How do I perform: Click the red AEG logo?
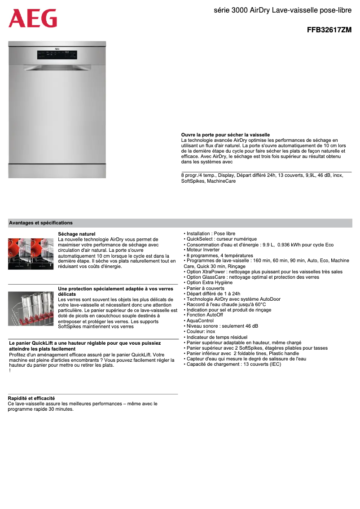pyautogui.click(x=33, y=18)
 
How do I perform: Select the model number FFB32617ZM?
pyautogui.click(x=329, y=31)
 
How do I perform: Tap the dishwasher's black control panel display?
pyautogui.click(x=57, y=55)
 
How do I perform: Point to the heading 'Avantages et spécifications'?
pyautogui.click(x=41, y=223)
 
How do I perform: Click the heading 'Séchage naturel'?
pyautogui.click(x=77, y=234)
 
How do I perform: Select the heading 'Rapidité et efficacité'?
pyautogui.click(x=31, y=398)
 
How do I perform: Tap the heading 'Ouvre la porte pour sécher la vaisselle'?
pyautogui.click(x=225, y=135)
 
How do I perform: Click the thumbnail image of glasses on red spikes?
pyautogui.click(x=31, y=308)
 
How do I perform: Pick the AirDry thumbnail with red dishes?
pyautogui.click(x=31, y=254)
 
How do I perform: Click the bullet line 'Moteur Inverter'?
pyautogui.click(x=203, y=250)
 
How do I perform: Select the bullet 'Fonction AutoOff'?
pyautogui.click(x=205, y=315)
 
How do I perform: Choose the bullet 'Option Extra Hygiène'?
pyautogui.click(x=209, y=283)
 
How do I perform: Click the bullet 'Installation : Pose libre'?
pyautogui.click(x=211, y=234)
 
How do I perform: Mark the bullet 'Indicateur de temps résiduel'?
pyautogui.click(x=217, y=337)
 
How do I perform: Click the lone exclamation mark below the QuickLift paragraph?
pyautogui.click(x=10, y=370)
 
